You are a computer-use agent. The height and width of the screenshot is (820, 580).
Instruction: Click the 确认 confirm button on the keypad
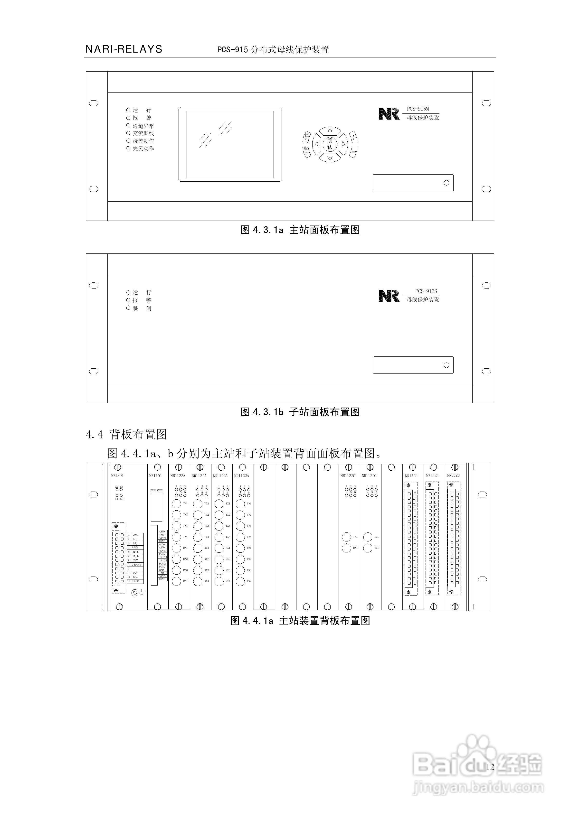(x=330, y=144)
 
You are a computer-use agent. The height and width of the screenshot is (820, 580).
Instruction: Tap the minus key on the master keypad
(x=353, y=152)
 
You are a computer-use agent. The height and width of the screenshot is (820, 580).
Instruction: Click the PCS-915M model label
(x=418, y=109)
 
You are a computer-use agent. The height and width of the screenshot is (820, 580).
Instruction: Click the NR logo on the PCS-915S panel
(x=389, y=296)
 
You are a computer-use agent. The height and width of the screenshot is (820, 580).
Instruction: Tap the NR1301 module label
(x=117, y=476)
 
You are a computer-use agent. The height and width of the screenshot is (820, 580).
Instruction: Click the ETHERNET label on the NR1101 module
(x=156, y=490)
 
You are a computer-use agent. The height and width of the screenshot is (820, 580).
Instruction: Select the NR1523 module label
(x=453, y=475)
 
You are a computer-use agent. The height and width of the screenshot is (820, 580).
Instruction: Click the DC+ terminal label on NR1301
(x=135, y=573)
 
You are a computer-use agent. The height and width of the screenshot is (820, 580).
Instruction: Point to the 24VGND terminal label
(x=136, y=565)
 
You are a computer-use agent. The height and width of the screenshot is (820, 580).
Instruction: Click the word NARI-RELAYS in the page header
(x=124, y=49)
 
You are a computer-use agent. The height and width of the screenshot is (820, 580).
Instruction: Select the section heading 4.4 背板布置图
(x=126, y=435)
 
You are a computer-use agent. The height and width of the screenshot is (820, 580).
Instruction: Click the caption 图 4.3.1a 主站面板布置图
(x=300, y=230)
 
